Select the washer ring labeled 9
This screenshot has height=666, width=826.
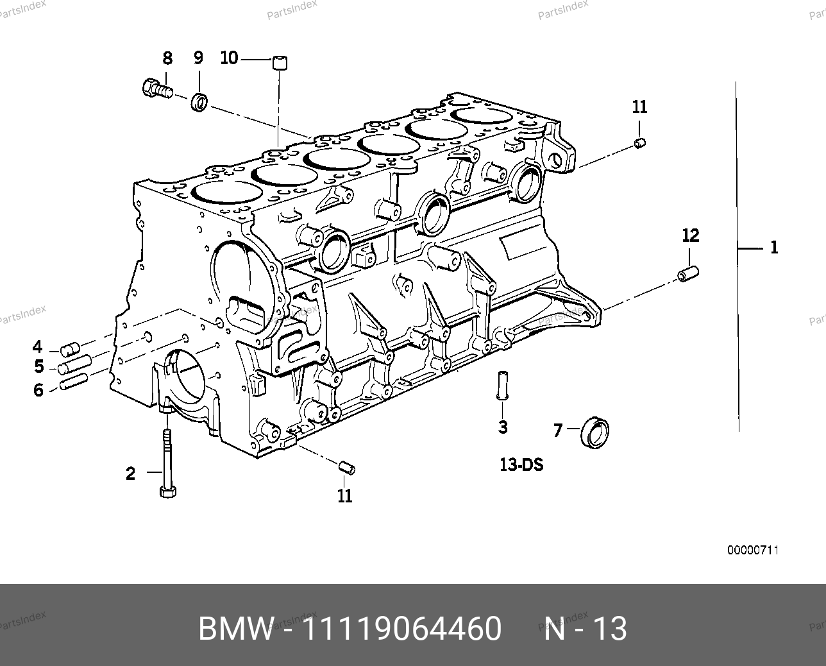click(200, 101)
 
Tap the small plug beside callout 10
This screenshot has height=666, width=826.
click(278, 63)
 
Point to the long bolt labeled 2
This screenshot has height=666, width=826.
click(167, 462)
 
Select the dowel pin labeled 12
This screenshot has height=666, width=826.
click(688, 273)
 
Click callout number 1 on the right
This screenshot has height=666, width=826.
click(774, 247)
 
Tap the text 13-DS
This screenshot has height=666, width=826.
click(521, 465)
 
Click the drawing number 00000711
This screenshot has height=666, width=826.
click(752, 550)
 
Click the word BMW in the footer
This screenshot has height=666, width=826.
click(235, 629)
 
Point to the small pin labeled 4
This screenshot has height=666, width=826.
click(69, 350)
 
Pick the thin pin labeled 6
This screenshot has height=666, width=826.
click(70, 385)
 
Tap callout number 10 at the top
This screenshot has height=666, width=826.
click(229, 58)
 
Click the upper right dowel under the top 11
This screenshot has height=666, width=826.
click(639, 143)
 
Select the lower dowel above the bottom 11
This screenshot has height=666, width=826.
click(346, 467)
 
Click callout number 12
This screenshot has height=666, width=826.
click(690, 235)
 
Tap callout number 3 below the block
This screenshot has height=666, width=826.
click(503, 427)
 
